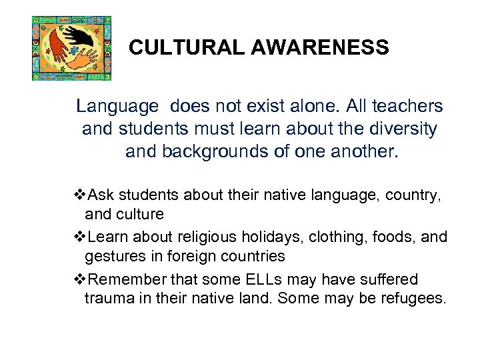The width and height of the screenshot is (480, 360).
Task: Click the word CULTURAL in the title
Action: click(x=169, y=48)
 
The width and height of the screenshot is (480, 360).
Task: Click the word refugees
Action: click(x=414, y=297)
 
